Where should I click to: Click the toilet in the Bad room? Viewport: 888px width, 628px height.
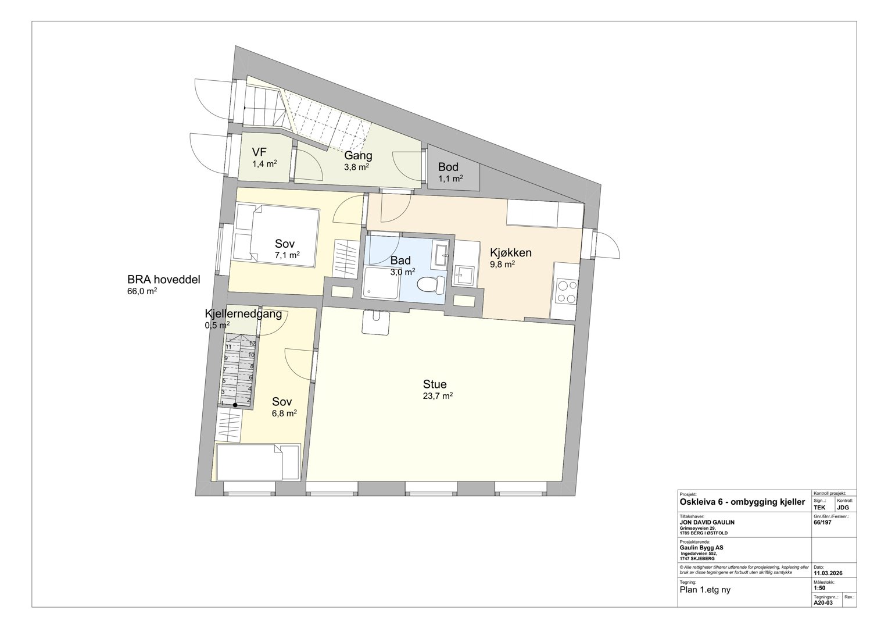[x=431, y=285]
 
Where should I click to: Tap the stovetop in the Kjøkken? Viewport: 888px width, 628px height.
[x=567, y=291]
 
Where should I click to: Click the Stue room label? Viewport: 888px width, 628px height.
[x=435, y=384]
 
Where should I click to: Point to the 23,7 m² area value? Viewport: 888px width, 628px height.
[x=438, y=396]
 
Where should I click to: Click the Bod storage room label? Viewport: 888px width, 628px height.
[x=448, y=167]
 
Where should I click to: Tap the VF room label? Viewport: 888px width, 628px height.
[x=259, y=152]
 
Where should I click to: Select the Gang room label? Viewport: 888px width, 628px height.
[x=358, y=156]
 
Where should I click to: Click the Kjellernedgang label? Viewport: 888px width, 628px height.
[x=244, y=314]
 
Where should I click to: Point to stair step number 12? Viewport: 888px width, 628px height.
[x=252, y=344]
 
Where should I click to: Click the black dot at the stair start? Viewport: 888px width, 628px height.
[x=235, y=405]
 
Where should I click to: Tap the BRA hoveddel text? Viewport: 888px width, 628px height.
[x=164, y=279]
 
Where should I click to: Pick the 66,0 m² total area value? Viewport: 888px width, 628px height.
[x=142, y=291]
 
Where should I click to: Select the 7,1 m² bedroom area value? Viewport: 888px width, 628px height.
[x=287, y=255]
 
